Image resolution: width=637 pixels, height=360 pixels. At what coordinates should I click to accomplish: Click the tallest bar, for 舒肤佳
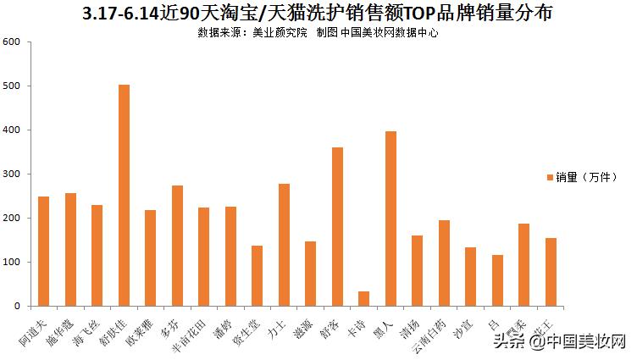tap(124, 196)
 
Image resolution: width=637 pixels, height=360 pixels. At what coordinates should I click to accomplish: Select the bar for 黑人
tap(391, 219)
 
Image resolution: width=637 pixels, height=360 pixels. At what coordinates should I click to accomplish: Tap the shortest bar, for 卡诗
tap(363, 298)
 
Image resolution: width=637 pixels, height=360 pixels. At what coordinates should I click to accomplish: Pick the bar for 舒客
tap(337, 226)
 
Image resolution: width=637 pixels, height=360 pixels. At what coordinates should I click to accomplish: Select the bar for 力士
tap(284, 245)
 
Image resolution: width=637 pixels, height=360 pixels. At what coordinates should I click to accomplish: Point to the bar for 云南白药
tap(444, 263)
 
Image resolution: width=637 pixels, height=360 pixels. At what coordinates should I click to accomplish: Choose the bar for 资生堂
tap(257, 275)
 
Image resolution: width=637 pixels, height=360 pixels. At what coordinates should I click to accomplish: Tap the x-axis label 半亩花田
tap(191, 331)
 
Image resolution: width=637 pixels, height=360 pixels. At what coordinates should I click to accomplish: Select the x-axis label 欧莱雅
tap(141, 328)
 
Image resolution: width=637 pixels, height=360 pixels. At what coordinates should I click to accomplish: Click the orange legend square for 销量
tap(550, 177)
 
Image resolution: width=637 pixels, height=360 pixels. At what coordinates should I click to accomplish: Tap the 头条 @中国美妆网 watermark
tap(559, 341)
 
